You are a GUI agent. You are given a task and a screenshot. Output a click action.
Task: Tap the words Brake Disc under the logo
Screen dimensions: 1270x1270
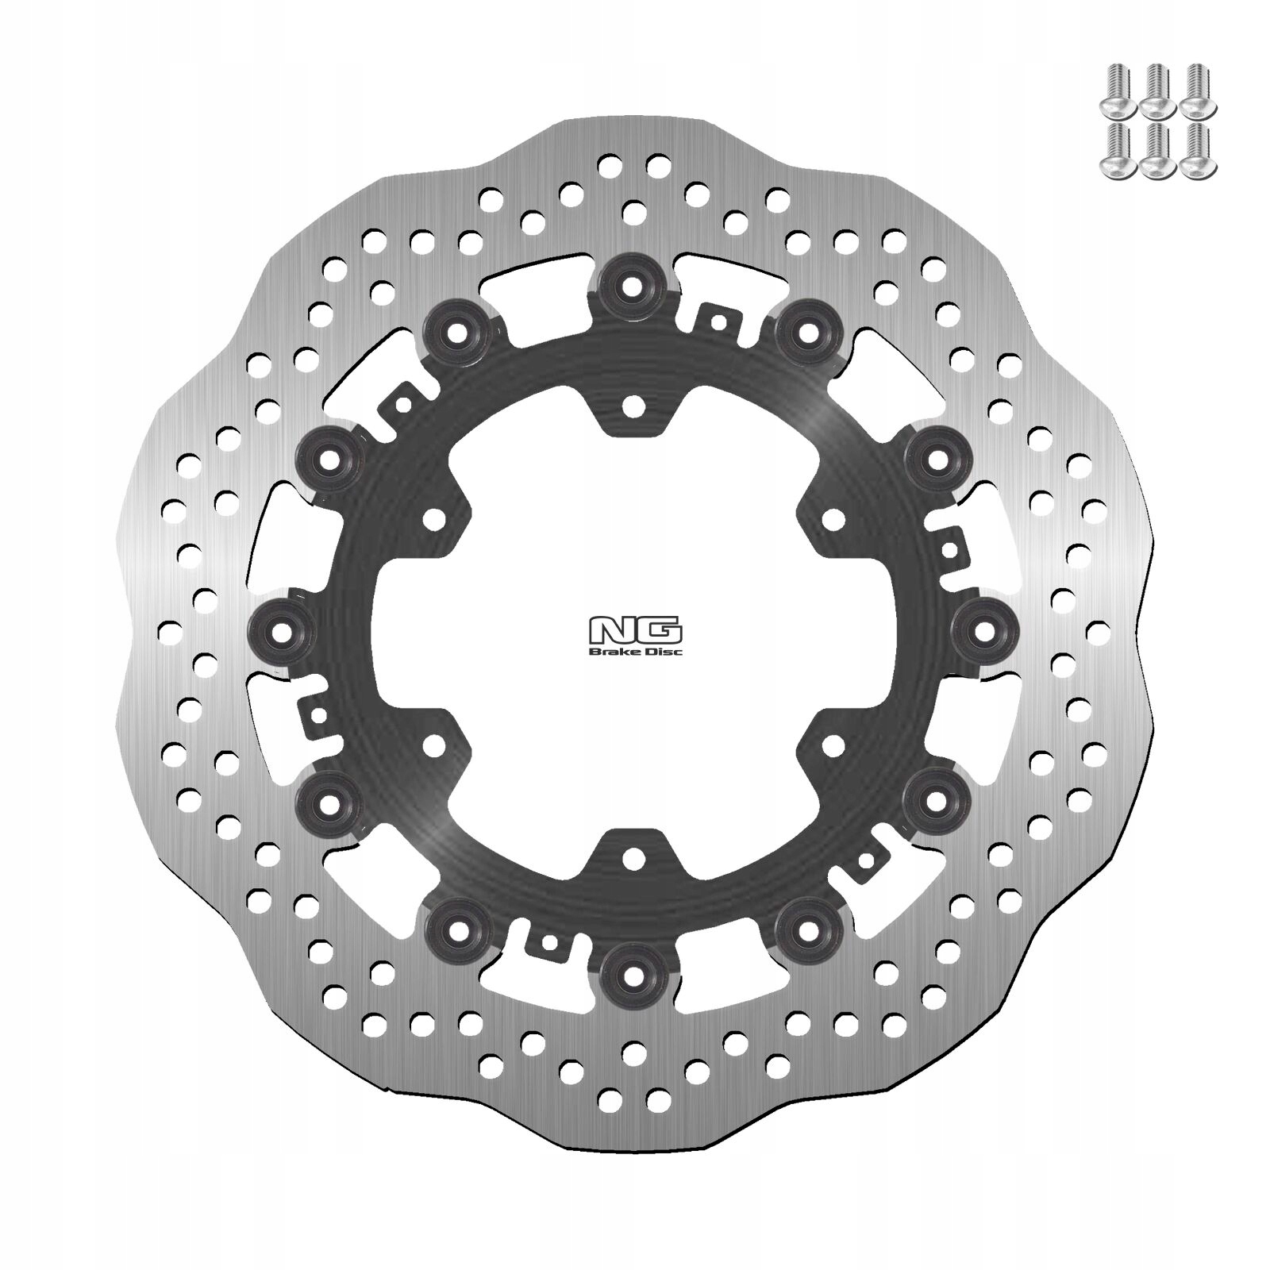pyautogui.click(x=634, y=652)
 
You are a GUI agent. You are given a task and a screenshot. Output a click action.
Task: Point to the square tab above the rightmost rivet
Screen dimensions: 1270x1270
pyautogui.click(x=948, y=546)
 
